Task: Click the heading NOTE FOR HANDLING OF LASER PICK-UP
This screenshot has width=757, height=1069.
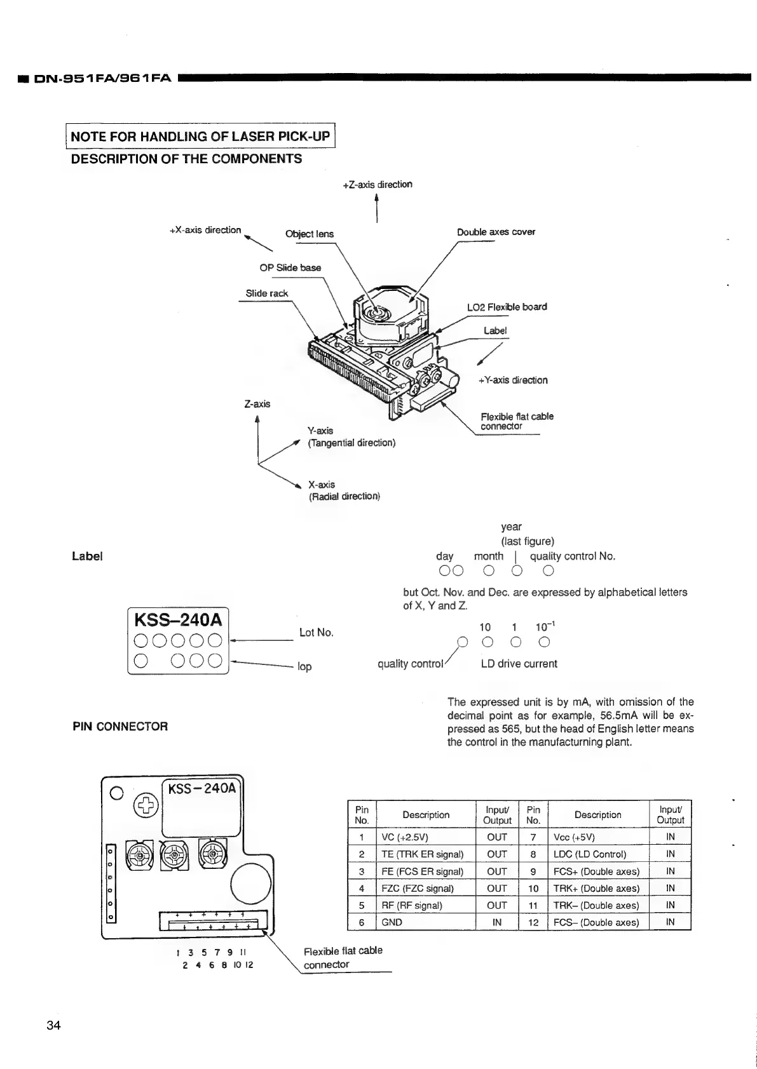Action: pos(200,136)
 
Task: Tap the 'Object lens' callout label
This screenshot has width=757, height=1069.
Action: pos(309,234)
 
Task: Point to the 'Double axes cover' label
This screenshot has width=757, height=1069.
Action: pos(496,232)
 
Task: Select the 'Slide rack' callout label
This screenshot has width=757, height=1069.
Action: pos(267,293)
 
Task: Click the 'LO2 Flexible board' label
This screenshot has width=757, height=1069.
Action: pos(507,307)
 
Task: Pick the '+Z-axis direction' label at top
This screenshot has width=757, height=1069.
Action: pos(378,184)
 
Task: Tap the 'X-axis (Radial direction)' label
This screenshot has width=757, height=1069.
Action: pos(344,490)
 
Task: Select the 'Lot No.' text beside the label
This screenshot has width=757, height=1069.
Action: pos(316,633)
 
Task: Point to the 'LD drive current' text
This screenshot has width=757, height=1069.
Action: pos(519,664)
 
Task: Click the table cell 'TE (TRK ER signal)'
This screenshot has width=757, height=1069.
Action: pos(422,854)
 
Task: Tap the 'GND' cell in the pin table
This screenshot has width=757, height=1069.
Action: pos(392,922)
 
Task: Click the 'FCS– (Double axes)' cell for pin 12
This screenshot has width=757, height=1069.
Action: pos(596,922)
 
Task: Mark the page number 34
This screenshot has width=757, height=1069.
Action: pos(53,1025)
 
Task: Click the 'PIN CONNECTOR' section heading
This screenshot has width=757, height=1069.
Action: pos(120,726)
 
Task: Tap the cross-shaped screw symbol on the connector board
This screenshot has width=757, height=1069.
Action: pos(146,805)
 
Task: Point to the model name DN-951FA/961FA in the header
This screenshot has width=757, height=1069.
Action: pos(102,79)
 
